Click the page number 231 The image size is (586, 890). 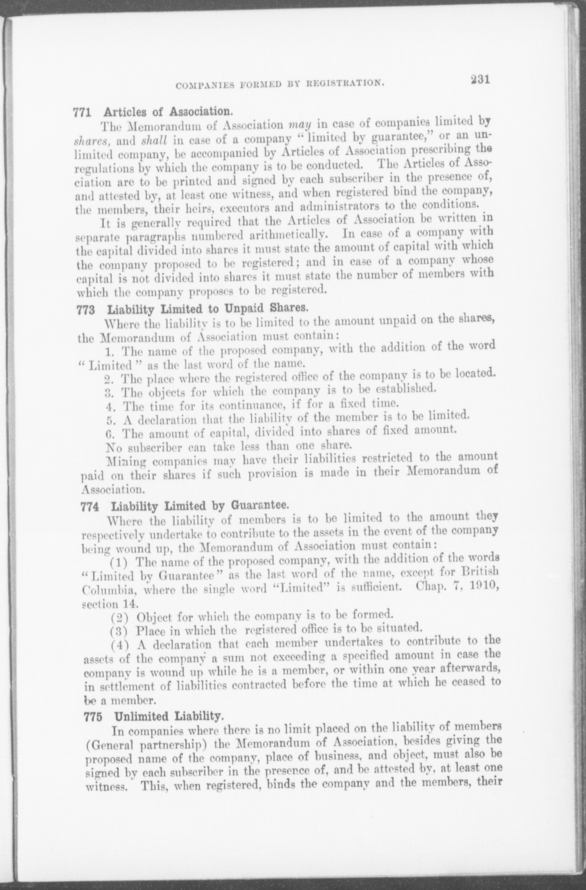(x=479, y=80)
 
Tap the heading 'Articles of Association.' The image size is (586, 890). (x=167, y=112)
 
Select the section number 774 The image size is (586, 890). (x=90, y=507)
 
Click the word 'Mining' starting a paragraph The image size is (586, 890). (x=126, y=461)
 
